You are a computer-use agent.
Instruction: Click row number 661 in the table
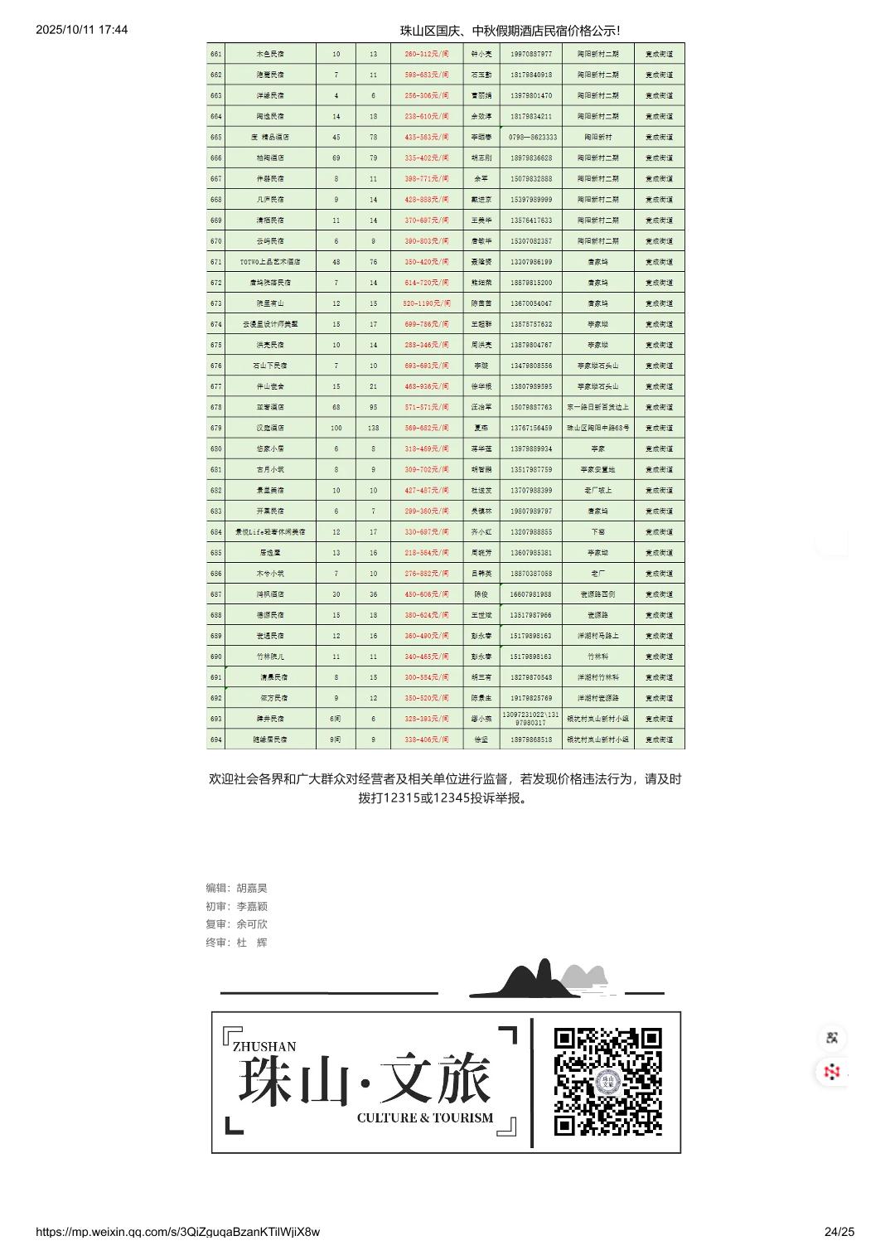point(216,54)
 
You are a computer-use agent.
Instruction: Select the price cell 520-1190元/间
point(427,303)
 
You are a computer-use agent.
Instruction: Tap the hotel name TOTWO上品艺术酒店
point(270,262)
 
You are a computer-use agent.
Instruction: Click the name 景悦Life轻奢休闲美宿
point(270,532)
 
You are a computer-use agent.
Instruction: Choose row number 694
point(216,739)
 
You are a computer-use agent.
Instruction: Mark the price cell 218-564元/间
point(427,553)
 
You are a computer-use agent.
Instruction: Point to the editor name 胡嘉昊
point(252,888)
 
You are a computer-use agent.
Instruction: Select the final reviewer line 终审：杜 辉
point(237,943)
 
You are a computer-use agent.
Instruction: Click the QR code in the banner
point(607,1082)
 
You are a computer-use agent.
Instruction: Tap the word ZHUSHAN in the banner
point(264,1047)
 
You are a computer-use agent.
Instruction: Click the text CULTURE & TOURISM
point(424,1118)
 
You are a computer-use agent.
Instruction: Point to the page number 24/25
point(839,1232)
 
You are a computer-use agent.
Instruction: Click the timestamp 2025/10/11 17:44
point(82,30)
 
